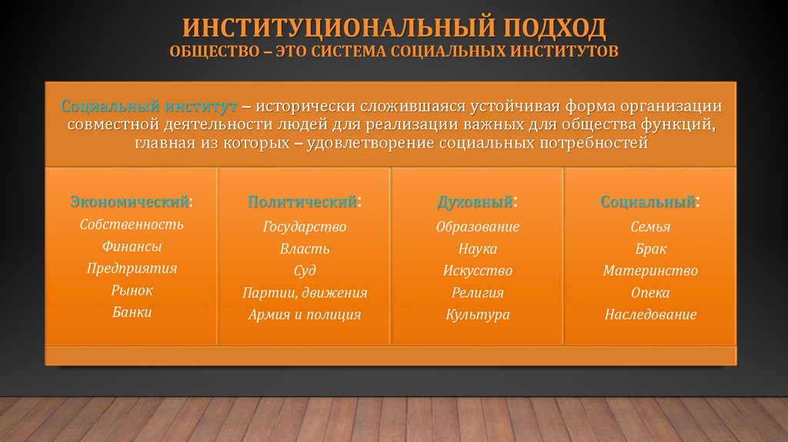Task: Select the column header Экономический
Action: pyautogui.click(x=130, y=202)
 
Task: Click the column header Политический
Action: pyautogui.click(x=302, y=202)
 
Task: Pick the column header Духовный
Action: pyautogui.click(x=475, y=202)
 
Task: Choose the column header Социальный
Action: pyautogui.click(x=649, y=202)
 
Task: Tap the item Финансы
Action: pyautogui.click(x=132, y=246)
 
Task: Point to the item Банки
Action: pyautogui.click(x=132, y=312)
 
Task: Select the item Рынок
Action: pyautogui.click(x=132, y=290)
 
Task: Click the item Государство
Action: pyautogui.click(x=305, y=227)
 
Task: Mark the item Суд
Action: pyautogui.click(x=305, y=271)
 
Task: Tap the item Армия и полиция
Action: pyautogui.click(x=305, y=314)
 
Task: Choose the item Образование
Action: pyautogui.click(x=478, y=227)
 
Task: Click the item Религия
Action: pyautogui.click(x=478, y=293)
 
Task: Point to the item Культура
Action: pyautogui.click(x=478, y=314)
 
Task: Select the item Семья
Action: pyautogui.click(x=650, y=227)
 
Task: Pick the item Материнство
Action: pyautogui.click(x=650, y=271)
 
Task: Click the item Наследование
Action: pyautogui.click(x=650, y=314)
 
